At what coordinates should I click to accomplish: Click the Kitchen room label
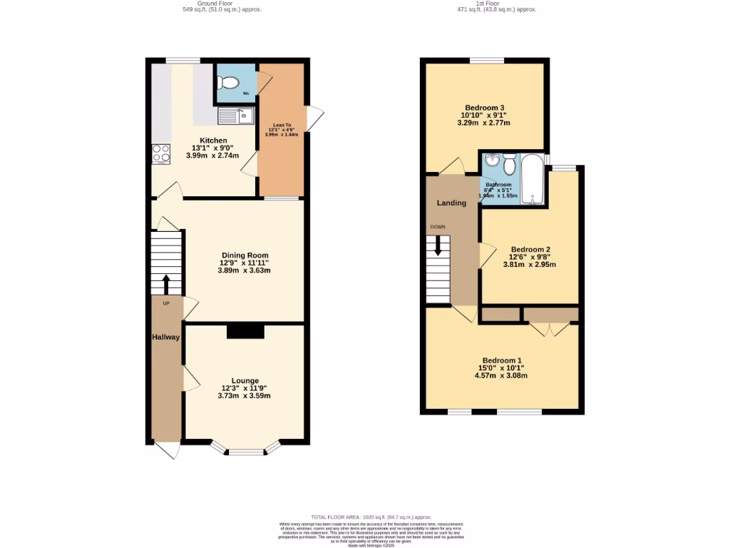(213, 141)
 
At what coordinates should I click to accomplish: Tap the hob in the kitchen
(160, 153)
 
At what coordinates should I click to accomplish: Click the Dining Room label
(245, 255)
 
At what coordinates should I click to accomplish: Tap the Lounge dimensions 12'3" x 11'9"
(245, 388)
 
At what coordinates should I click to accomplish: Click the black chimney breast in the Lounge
(245, 332)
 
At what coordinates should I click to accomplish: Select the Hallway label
(165, 337)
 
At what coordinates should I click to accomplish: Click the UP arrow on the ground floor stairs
(167, 284)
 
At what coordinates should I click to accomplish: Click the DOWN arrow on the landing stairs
(438, 246)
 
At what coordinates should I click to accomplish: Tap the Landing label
(451, 203)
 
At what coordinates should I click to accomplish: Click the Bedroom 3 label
(485, 108)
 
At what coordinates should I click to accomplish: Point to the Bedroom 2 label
(530, 250)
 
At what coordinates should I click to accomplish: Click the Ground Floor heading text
(198, 3)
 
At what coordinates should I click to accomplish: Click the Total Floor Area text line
(365, 517)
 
